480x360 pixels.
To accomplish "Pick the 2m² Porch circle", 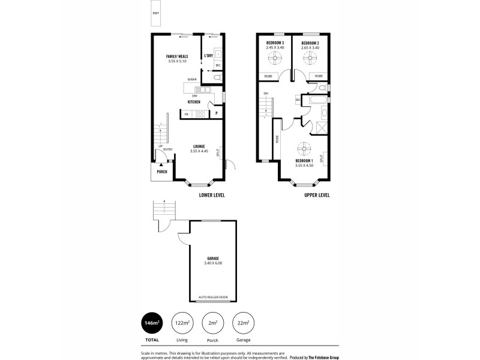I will point(212,324).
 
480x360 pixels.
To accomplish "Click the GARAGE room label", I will point(213,258).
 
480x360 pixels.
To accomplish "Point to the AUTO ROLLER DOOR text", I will point(213,298).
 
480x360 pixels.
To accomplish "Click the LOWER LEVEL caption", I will point(212,196).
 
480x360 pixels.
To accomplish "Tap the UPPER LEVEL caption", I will point(316,196).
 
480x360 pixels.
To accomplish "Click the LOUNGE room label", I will point(199,146).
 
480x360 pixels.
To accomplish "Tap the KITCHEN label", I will point(193,102).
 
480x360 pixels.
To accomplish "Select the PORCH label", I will point(162,172).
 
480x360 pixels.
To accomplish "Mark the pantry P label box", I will point(216,113).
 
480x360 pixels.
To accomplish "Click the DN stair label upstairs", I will point(266,94).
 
